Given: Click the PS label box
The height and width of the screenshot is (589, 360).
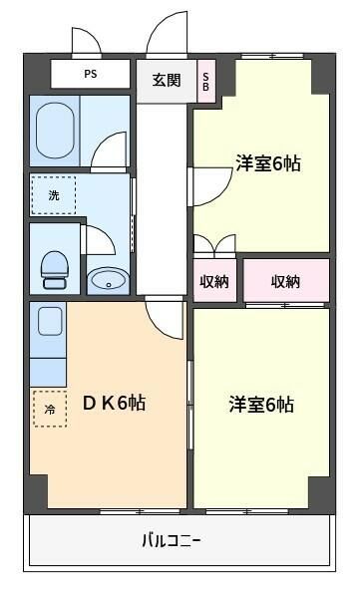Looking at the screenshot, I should click(x=91, y=74).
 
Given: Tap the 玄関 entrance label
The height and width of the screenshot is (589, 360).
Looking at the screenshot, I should click(x=167, y=80).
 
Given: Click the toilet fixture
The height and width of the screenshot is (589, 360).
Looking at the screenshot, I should click(x=54, y=266).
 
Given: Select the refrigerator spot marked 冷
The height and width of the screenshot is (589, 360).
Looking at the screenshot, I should click(x=50, y=408).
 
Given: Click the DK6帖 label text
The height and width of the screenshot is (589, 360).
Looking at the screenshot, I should click(x=114, y=403).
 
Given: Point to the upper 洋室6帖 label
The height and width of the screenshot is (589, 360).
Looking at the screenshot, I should click(x=267, y=162).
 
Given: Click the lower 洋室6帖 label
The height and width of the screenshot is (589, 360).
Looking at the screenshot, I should click(x=260, y=405).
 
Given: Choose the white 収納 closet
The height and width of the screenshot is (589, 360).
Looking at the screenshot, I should click(x=214, y=281).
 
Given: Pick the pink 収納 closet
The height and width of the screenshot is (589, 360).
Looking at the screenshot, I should click(x=286, y=281).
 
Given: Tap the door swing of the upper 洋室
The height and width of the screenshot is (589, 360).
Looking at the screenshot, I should click(x=207, y=185).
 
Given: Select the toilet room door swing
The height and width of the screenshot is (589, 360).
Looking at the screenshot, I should click(x=99, y=242).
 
